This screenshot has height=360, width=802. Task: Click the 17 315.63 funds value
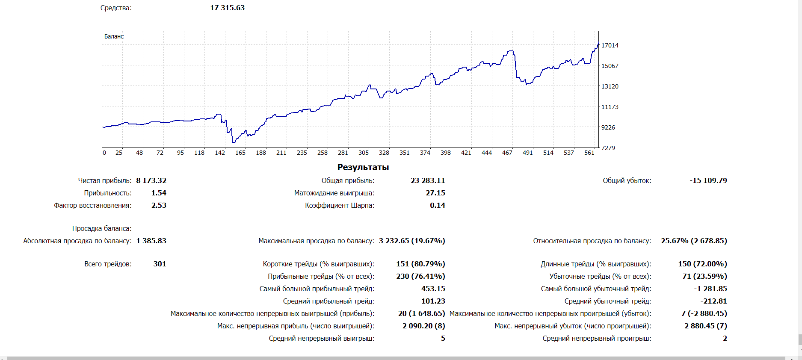click(x=227, y=8)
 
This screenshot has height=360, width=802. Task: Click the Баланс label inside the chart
click(x=114, y=36)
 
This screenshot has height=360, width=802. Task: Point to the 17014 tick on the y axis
click(x=610, y=45)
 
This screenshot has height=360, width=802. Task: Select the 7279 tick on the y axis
click(x=608, y=148)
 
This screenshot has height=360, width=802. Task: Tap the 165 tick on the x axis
click(x=240, y=153)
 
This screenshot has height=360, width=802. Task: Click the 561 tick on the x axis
click(x=589, y=153)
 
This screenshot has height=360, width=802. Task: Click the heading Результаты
click(x=363, y=167)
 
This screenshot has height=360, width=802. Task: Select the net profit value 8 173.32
click(x=151, y=180)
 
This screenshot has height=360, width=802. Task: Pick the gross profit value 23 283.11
click(x=428, y=180)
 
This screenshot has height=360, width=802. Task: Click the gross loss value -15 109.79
click(x=708, y=180)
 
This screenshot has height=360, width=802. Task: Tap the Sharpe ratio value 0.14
click(x=437, y=205)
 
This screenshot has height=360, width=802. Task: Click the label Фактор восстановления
click(x=92, y=205)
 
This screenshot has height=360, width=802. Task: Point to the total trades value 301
click(x=160, y=264)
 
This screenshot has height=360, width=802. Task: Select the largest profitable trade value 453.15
click(x=433, y=289)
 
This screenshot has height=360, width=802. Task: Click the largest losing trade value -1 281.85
click(x=710, y=289)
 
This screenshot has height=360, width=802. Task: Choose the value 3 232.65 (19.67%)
click(x=411, y=241)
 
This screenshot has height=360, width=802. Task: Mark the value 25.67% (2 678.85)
click(x=693, y=241)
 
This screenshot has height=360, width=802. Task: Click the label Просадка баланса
click(x=101, y=228)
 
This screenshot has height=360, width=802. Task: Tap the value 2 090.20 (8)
click(x=423, y=326)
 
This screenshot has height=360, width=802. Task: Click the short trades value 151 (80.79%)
click(x=420, y=264)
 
